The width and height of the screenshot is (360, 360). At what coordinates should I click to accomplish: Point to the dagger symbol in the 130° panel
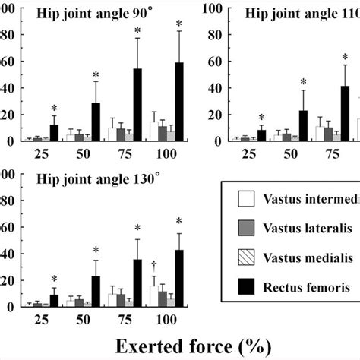(x=154, y=242)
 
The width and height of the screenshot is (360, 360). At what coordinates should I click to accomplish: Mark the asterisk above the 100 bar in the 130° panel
(x=179, y=222)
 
